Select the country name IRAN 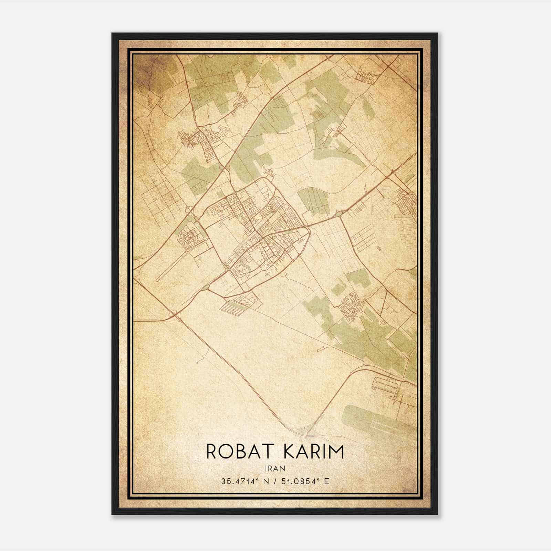(x=275, y=468)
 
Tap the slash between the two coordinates (x=276, y=481)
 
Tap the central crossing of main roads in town (x=263, y=237)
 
